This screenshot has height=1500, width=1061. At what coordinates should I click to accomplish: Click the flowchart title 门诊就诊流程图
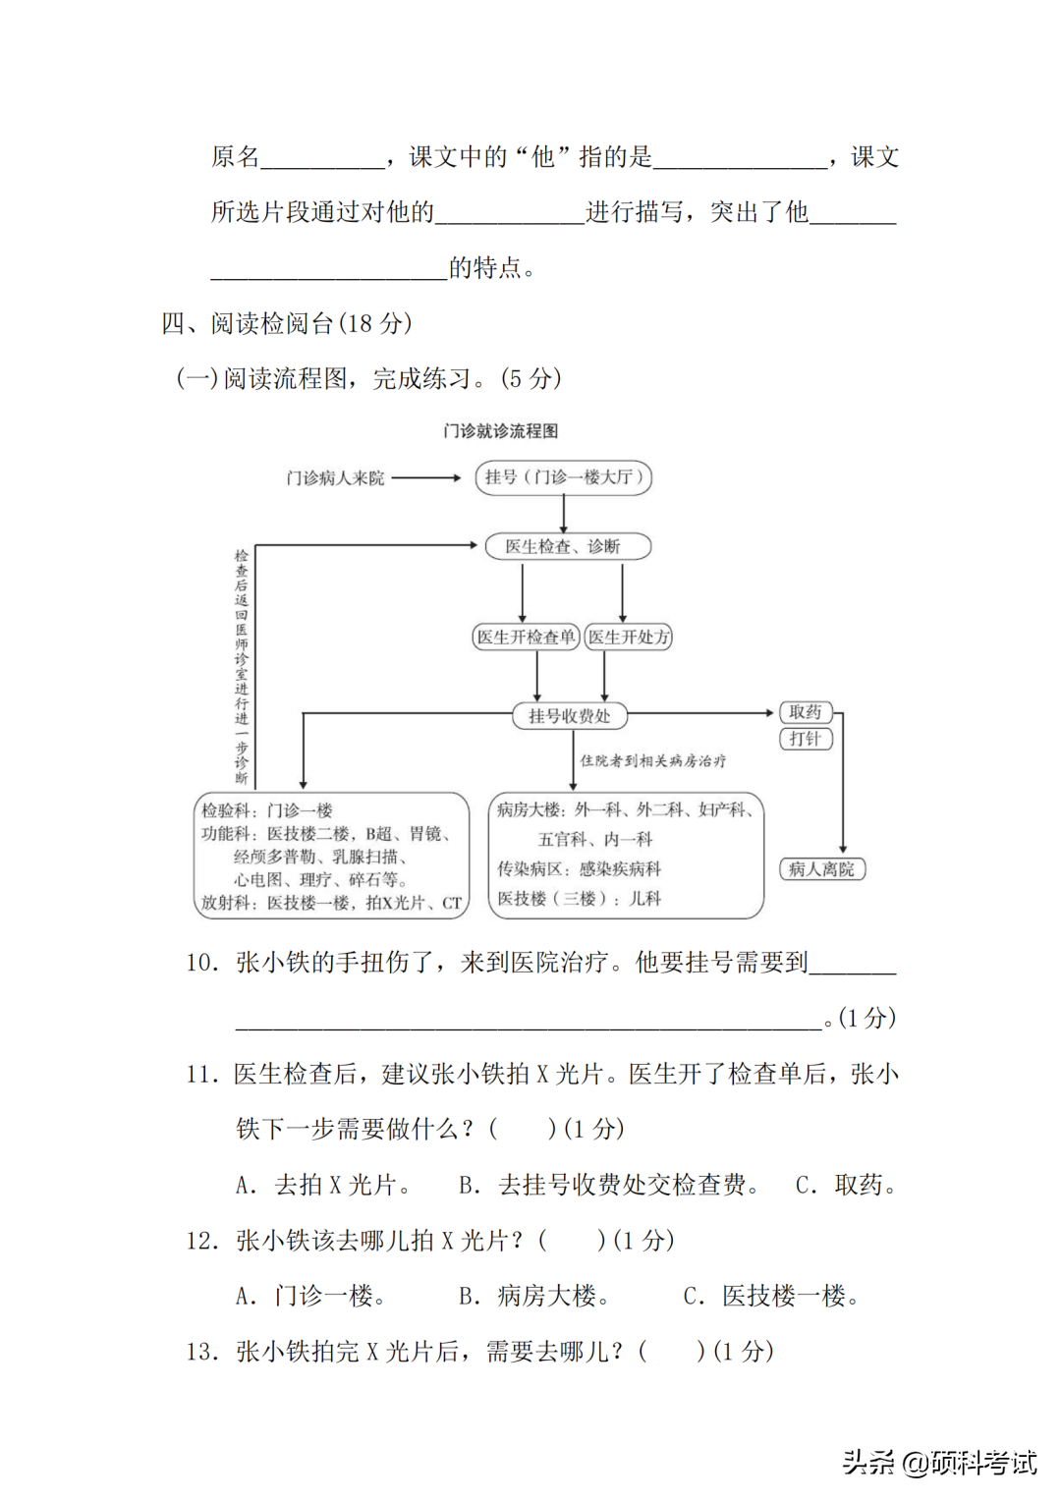(x=500, y=430)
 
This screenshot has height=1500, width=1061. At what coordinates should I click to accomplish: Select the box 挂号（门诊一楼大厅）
(x=563, y=477)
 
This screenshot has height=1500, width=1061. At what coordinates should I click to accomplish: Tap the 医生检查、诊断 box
(x=567, y=546)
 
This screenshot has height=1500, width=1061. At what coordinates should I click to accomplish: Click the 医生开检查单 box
(x=526, y=637)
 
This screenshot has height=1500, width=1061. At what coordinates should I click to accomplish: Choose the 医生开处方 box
(x=629, y=637)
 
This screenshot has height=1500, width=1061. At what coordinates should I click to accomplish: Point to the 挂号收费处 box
(x=569, y=716)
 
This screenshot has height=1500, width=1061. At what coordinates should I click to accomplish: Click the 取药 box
(x=806, y=712)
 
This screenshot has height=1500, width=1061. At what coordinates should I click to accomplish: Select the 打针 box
(x=806, y=739)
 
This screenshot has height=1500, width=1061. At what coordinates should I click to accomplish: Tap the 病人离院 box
(x=821, y=868)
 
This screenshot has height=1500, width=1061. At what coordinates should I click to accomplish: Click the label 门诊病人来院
(x=335, y=478)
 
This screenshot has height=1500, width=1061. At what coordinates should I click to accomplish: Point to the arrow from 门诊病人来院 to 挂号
(x=425, y=478)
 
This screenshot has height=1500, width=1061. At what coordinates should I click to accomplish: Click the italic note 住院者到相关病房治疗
(x=652, y=760)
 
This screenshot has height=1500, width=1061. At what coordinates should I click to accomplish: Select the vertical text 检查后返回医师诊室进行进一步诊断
(x=241, y=667)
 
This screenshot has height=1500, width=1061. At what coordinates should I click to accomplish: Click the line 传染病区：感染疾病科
(x=579, y=868)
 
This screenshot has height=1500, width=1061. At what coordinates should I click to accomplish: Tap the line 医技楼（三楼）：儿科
(x=579, y=898)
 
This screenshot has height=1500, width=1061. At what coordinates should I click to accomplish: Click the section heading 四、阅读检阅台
(x=286, y=323)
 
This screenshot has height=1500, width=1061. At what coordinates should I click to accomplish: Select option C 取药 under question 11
(x=847, y=1185)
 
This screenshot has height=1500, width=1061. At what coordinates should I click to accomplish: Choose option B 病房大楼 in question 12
(x=534, y=1296)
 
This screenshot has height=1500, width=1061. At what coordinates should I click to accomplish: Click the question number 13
(x=200, y=1352)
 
